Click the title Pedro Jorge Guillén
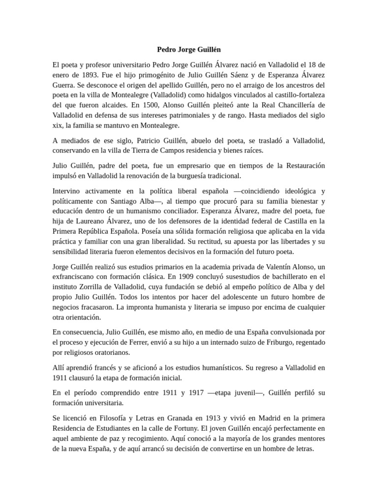[x=189, y=49]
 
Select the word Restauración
[x=302, y=165]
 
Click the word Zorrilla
[x=98, y=286]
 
